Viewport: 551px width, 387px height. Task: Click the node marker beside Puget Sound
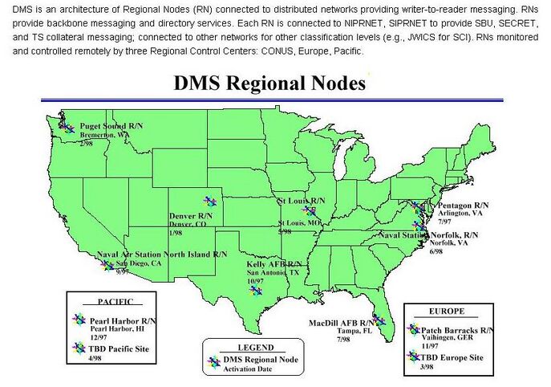(x=67, y=127)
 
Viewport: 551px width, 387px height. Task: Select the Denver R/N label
(x=191, y=216)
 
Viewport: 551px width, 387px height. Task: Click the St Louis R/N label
(x=301, y=199)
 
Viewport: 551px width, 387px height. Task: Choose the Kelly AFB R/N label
(x=274, y=263)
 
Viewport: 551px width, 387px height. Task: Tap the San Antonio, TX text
(x=273, y=273)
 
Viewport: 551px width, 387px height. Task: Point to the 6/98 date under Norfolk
(x=436, y=251)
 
